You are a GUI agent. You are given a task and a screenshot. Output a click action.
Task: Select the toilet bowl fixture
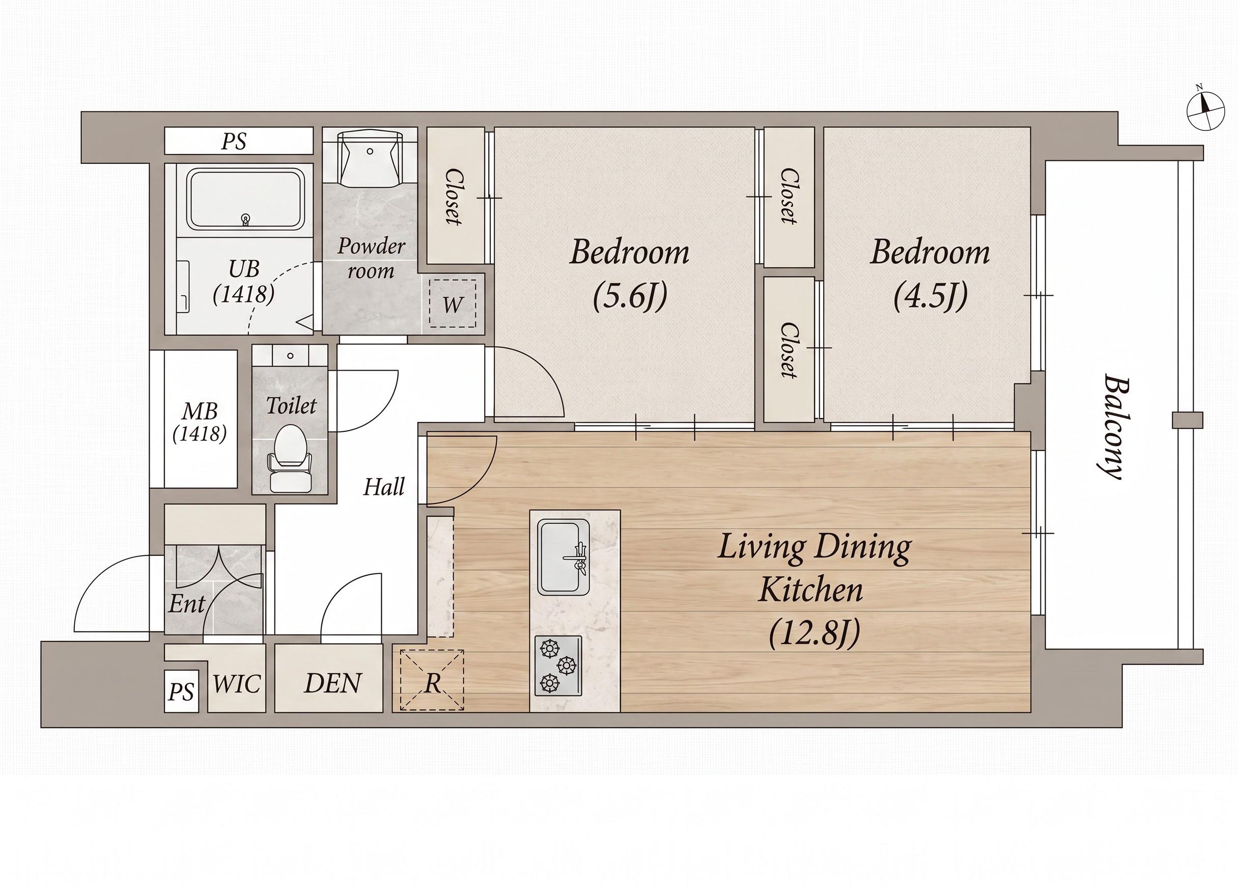click(290, 458)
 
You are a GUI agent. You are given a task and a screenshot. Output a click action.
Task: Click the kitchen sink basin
click(564, 557)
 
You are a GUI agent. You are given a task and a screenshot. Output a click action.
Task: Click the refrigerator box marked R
click(432, 680)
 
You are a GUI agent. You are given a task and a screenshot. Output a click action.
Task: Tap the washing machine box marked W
click(453, 303)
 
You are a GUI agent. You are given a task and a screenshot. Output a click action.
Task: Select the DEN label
click(333, 683)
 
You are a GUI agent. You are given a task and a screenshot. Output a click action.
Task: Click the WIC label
click(237, 684)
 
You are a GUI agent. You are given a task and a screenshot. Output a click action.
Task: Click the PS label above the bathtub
click(234, 142)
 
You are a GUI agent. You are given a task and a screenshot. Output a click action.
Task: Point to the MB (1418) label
click(200, 422)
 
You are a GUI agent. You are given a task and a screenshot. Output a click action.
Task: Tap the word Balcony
click(1112, 426)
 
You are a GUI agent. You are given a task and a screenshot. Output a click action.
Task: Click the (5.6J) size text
click(630, 296)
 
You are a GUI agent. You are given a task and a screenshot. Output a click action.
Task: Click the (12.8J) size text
click(814, 634)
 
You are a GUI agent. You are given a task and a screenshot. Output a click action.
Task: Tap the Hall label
click(384, 486)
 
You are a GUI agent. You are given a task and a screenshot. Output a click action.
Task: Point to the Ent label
click(186, 604)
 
